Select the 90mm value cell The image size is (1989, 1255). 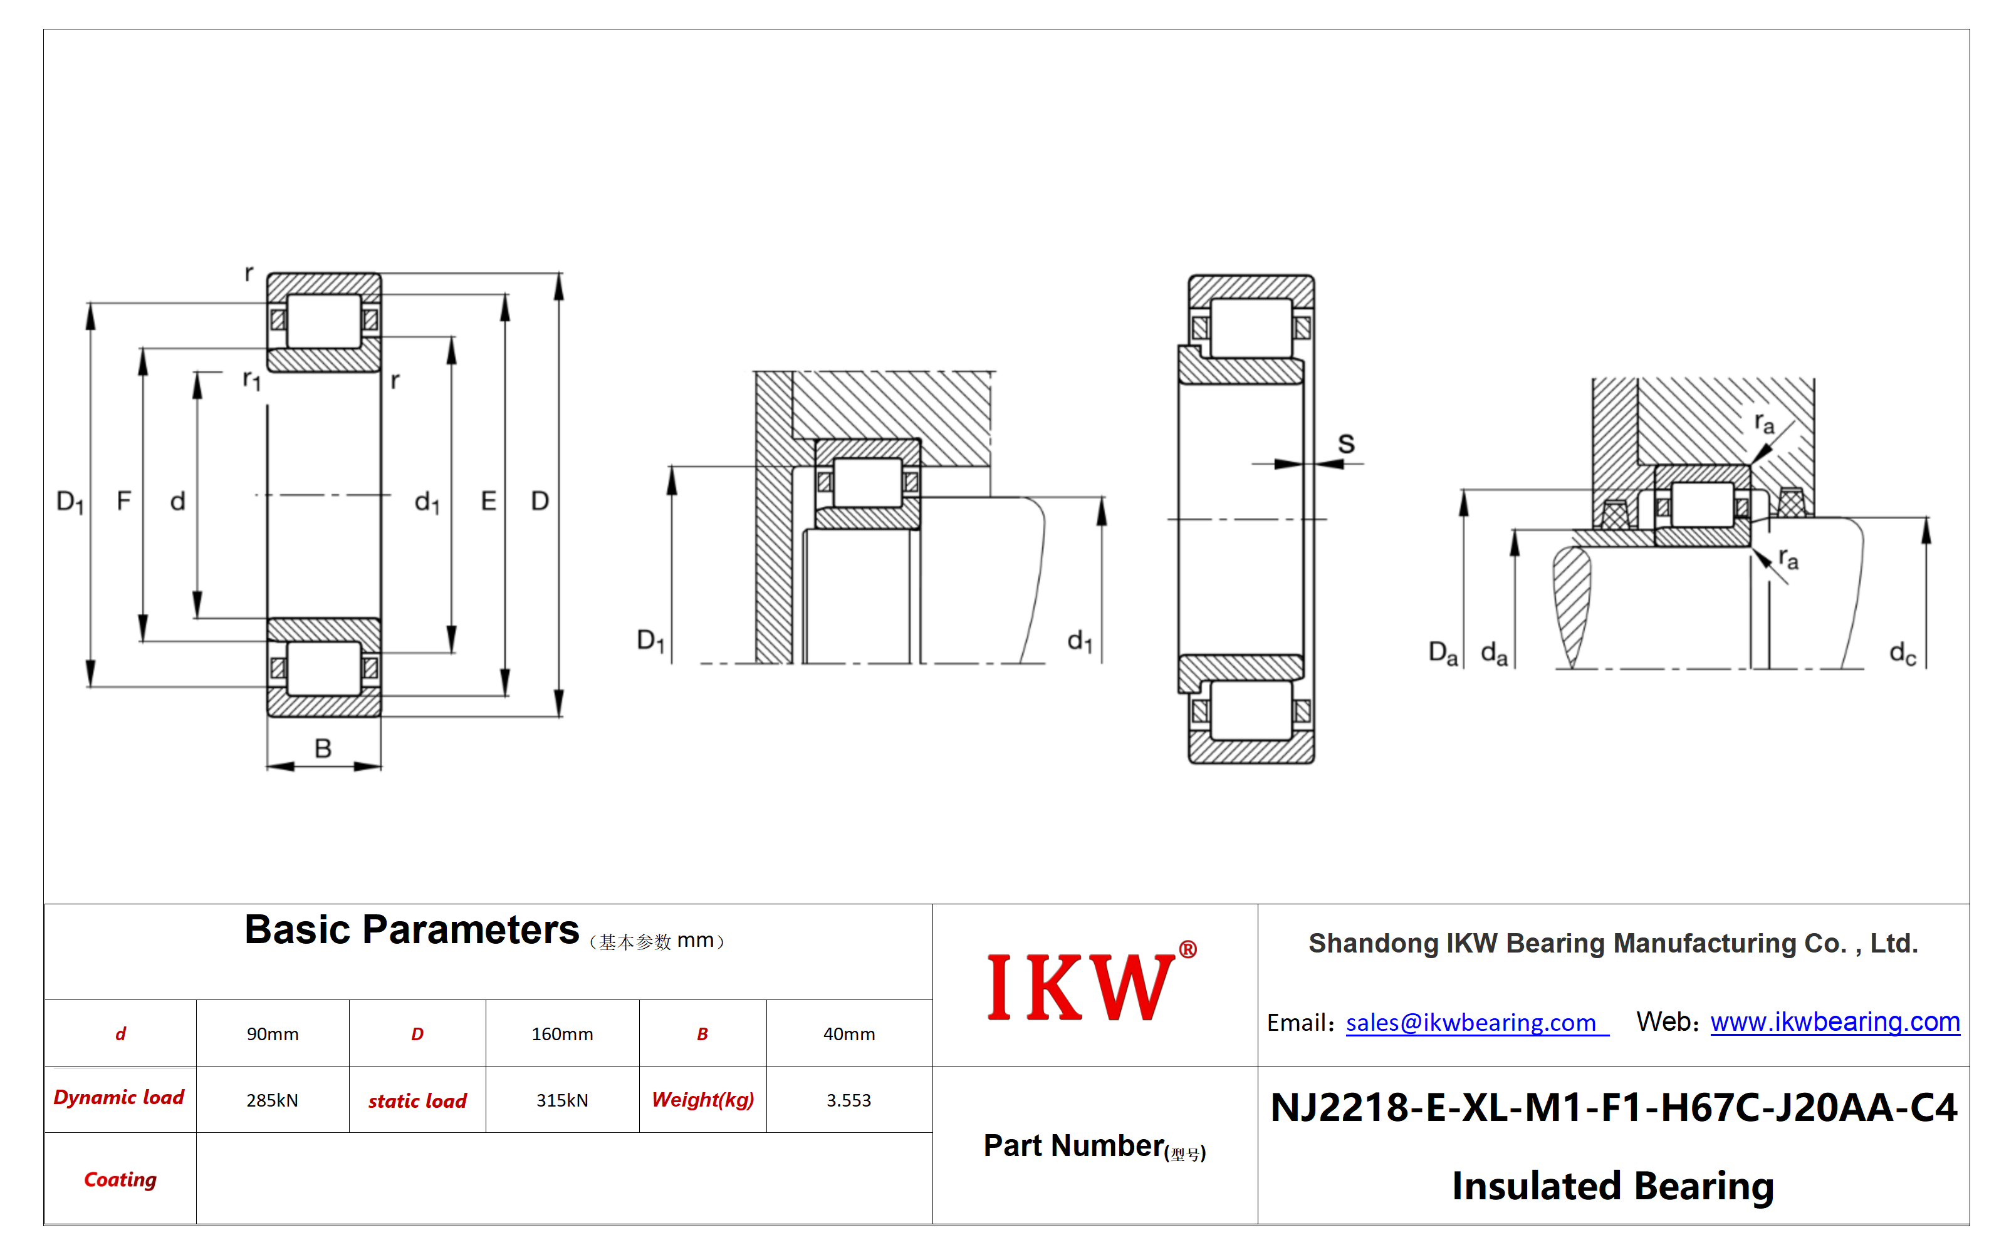[x=273, y=1034]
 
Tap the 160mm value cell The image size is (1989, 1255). [x=563, y=1034]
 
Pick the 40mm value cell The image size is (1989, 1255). [x=849, y=1034]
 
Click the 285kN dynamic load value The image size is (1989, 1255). [x=273, y=1100]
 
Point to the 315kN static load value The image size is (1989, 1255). [x=563, y=1100]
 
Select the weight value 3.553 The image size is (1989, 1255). [x=849, y=1100]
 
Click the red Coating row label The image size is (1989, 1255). [x=120, y=1179]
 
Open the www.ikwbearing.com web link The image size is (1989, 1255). [x=1835, y=1022]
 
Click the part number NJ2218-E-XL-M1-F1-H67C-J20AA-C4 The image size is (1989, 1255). [x=1613, y=1107]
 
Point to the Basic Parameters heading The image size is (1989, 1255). [x=411, y=930]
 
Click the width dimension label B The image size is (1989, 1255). [x=323, y=748]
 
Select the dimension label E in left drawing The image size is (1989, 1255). [x=488, y=500]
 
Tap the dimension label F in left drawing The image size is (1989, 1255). [x=124, y=500]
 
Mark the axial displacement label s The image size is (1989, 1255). [x=1347, y=443]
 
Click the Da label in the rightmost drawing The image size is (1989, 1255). [x=1443, y=653]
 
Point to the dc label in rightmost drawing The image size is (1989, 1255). [x=1903, y=653]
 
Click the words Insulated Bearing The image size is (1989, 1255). [x=1613, y=1185]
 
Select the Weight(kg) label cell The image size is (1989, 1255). [x=703, y=1100]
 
